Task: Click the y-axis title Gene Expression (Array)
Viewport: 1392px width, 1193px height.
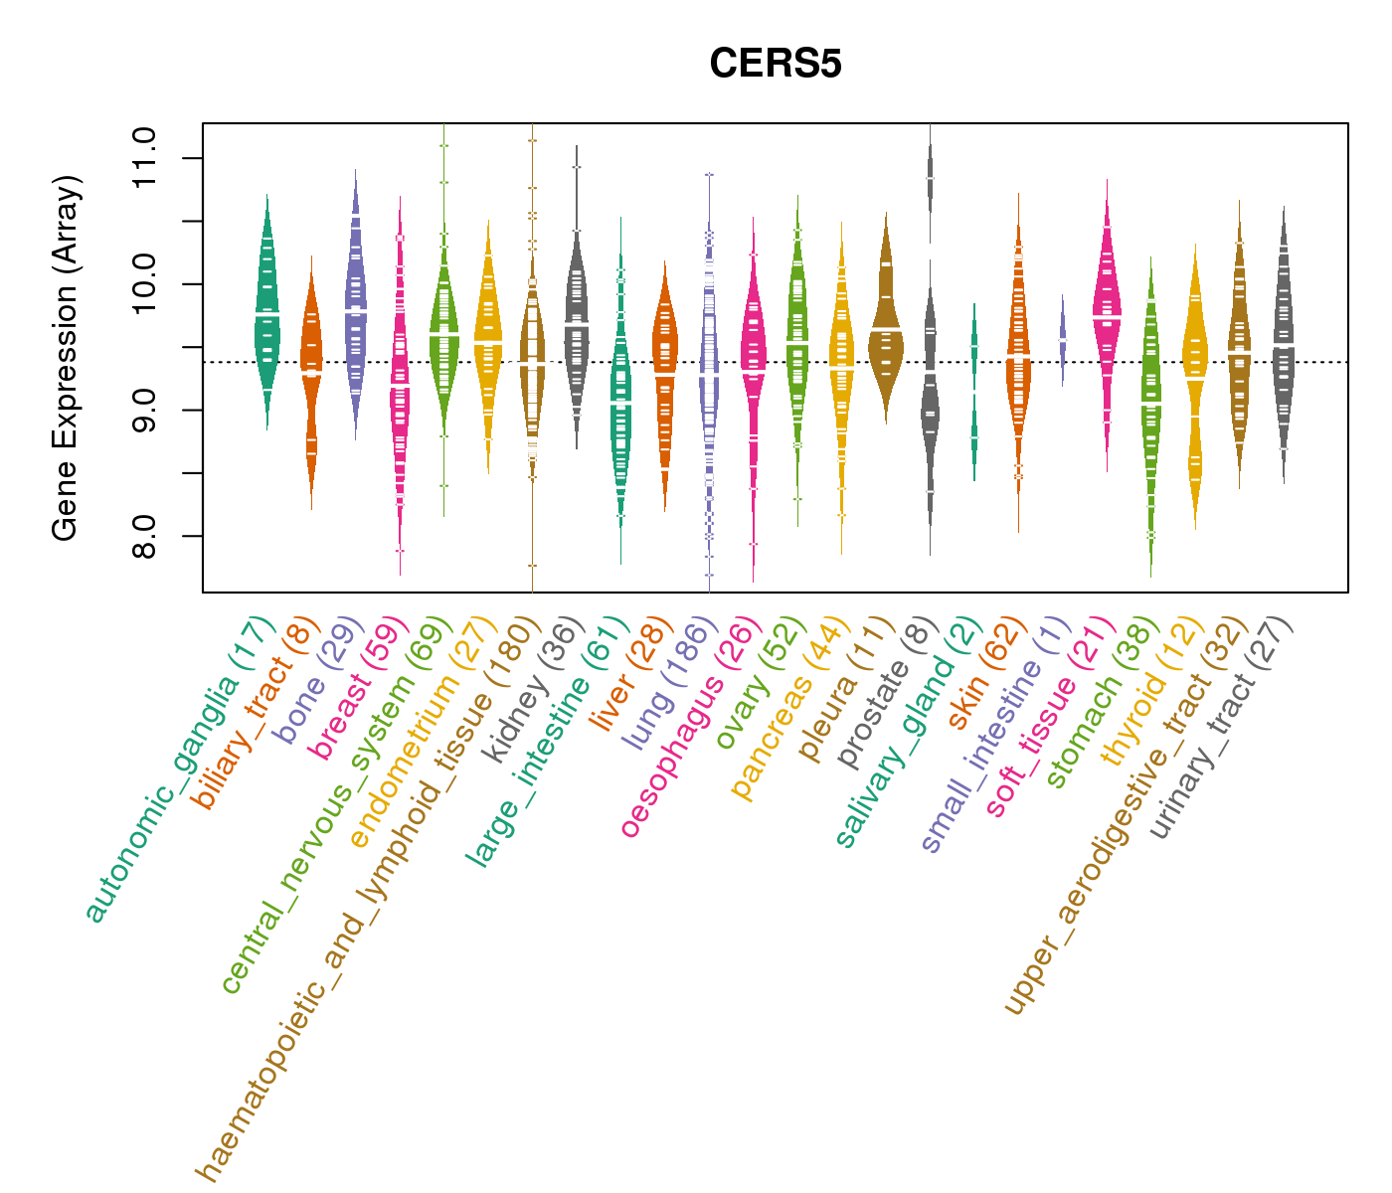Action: (66, 359)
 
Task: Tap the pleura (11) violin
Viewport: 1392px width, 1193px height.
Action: (885, 328)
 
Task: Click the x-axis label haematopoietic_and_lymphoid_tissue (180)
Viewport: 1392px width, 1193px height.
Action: (368, 900)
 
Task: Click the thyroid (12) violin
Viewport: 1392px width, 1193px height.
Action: (1194, 378)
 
